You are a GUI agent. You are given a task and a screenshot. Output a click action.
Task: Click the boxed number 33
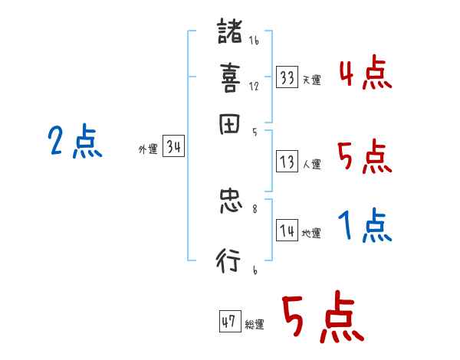click(x=287, y=77)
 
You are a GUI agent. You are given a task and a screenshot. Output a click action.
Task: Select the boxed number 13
click(x=287, y=162)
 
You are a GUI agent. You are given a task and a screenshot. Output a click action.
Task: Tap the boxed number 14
click(x=287, y=231)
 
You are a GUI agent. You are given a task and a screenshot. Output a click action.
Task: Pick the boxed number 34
click(x=173, y=147)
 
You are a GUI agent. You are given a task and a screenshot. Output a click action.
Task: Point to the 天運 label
click(x=311, y=79)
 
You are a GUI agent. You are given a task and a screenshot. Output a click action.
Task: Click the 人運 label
click(x=311, y=163)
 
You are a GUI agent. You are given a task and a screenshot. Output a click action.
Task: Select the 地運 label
click(x=311, y=233)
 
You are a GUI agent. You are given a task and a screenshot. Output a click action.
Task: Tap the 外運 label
click(x=147, y=149)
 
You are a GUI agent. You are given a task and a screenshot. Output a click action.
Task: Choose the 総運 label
click(x=255, y=323)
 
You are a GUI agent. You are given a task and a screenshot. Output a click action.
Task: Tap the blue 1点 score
click(x=364, y=227)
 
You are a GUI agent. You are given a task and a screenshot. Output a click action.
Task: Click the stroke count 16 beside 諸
click(x=254, y=41)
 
